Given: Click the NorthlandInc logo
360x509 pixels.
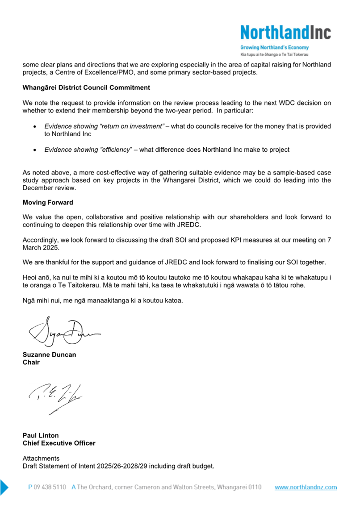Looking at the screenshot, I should pyautogui.click(x=285, y=32).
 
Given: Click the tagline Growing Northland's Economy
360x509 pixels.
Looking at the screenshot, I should pyautogui.click(x=274, y=47).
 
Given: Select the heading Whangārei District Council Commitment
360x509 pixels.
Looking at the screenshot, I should pyautogui.click(x=86, y=88).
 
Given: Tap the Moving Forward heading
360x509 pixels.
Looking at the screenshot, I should pyautogui.click(x=48, y=202).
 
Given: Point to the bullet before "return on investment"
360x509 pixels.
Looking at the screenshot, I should pyautogui.click(x=35, y=127).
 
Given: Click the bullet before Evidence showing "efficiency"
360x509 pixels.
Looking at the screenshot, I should pyautogui.click(x=35, y=150).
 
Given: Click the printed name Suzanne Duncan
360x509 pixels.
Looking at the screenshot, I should pyautogui.click(x=49, y=355).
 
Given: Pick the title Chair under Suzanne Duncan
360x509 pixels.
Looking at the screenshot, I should pyautogui.click(x=31, y=362).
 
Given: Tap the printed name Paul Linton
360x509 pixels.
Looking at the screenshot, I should pyautogui.click(x=41, y=435).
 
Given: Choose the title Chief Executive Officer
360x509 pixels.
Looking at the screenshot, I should pyautogui.click(x=59, y=443).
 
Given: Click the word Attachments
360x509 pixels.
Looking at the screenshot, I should pyautogui.click(x=41, y=459).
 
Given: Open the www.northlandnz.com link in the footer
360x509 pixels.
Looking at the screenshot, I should pyautogui.click(x=306, y=488).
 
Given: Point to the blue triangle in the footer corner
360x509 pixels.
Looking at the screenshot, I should pyautogui.click(x=4, y=488).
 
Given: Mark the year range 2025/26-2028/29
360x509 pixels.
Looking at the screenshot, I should pyautogui.click(x=120, y=467).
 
